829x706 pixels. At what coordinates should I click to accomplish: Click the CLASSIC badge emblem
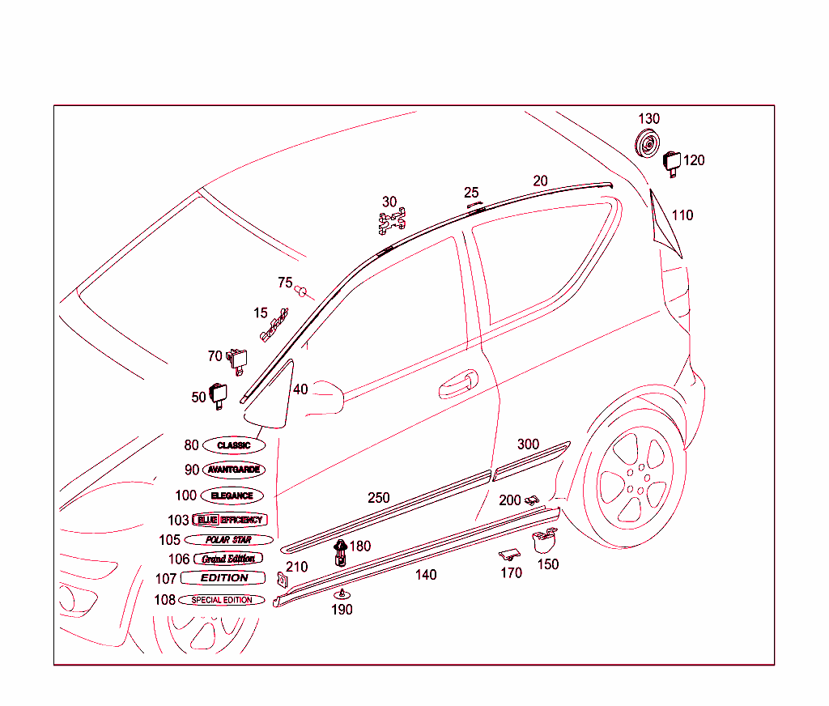tap(233, 445)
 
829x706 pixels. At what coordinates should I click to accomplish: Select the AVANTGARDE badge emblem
tap(233, 470)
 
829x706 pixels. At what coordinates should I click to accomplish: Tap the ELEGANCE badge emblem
tap(232, 495)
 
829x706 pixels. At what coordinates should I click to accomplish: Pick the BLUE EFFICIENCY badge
tap(228, 520)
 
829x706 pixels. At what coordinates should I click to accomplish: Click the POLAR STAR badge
tap(228, 539)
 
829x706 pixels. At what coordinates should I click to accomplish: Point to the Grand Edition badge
tap(228, 559)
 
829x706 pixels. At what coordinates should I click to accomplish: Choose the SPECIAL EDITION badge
tap(222, 600)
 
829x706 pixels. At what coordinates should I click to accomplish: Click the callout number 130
tap(648, 119)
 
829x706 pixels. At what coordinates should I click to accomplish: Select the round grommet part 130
tap(647, 147)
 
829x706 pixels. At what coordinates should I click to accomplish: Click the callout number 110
tap(682, 215)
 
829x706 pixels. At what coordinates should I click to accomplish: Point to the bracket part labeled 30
tap(393, 223)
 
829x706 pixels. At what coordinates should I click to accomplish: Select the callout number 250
tap(379, 498)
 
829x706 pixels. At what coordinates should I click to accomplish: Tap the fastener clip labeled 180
tap(341, 552)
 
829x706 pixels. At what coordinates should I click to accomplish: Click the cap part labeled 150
tap(545, 540)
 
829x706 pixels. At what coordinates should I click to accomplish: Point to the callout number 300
tap(528, 444)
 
